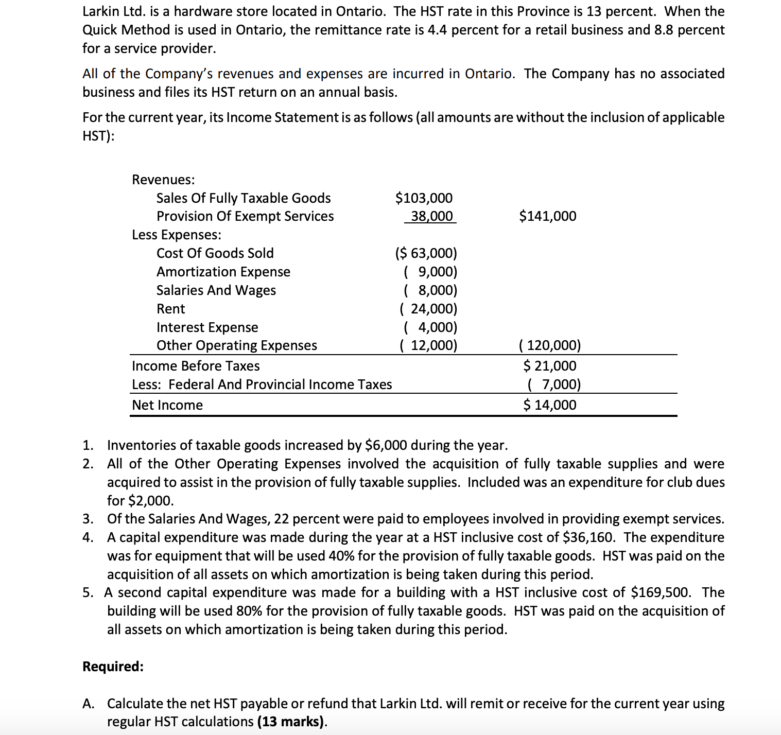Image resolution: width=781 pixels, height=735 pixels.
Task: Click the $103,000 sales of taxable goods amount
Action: pos(424,198)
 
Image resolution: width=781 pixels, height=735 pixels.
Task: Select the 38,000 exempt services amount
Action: pos(431,216)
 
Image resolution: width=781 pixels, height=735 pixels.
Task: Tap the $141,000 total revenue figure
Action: pos(547,216)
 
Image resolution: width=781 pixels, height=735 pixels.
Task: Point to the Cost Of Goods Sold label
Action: pos(215,253)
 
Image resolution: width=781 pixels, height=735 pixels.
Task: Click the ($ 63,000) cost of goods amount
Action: pos(426,253)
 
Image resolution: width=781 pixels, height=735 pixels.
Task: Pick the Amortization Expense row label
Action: pos(223,272)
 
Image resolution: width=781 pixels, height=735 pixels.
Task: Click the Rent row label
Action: pos(170,309)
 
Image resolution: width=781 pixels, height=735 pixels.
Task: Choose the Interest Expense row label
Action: pos(207,327)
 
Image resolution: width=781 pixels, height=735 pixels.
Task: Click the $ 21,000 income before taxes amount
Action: pos(549,366)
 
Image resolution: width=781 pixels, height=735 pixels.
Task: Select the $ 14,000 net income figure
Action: pos(549,405)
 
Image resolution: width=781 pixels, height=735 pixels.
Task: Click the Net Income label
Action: pos(167,405)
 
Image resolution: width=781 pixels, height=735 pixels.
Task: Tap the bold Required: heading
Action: pos(113,667)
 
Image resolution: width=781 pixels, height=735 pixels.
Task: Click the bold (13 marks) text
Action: pos(291,722)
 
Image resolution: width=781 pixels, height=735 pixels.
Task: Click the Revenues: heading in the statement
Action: pos(163,180)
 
